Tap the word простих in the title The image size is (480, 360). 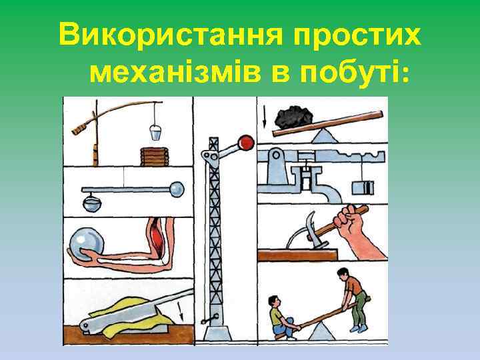coord(369,34)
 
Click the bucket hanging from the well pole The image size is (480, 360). coord(155,131)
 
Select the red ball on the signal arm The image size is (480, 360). coord(247,142)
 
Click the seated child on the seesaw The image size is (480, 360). coord(280,318)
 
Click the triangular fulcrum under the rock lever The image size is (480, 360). coord(326,136)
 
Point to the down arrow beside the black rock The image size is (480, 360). coord(265,118)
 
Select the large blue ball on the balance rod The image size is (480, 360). coord(178,189)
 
